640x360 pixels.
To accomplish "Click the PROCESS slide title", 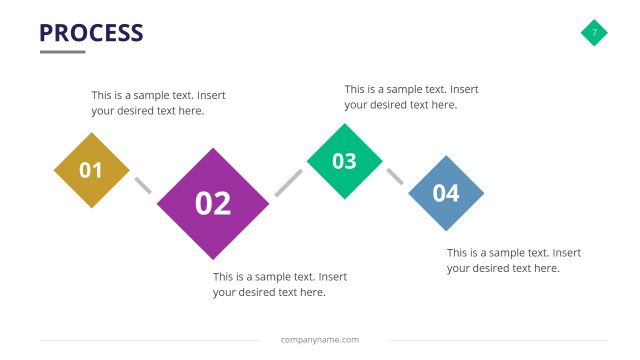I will click(x=91, y=33).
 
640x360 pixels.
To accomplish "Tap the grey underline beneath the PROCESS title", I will click(x=62, y=52).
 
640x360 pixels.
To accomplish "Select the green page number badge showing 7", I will click(x=594, y=33).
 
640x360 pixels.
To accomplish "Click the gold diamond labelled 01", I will click(x=91, y=170).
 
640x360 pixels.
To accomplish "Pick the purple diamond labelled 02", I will click(x=213, y=204).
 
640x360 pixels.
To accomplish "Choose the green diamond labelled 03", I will click(x=344, y=161).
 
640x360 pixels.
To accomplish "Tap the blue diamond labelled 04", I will click(x=446, y=193).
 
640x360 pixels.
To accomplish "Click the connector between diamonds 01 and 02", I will click(x=143, y=185).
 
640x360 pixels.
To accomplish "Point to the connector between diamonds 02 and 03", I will click(x=288, y=182).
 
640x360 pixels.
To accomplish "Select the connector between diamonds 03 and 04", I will click(x=395, y=176).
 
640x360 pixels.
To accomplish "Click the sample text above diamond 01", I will click(x=158, y=103).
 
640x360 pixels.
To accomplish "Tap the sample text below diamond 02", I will click(x=280, y=284).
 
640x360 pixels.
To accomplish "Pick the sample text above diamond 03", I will click(x=411, y=96).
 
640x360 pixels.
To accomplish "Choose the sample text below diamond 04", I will click(x=513, y=260).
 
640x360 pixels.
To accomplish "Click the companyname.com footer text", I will click(x=320, y=340).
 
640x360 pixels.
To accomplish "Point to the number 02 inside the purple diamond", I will click(x=213, y=204).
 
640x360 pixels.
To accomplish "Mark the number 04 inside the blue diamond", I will click(x=446, y=193).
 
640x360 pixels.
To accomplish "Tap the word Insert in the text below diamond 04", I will click(x=566, y=253).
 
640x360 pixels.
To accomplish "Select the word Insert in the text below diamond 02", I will click(x=333, y=277).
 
